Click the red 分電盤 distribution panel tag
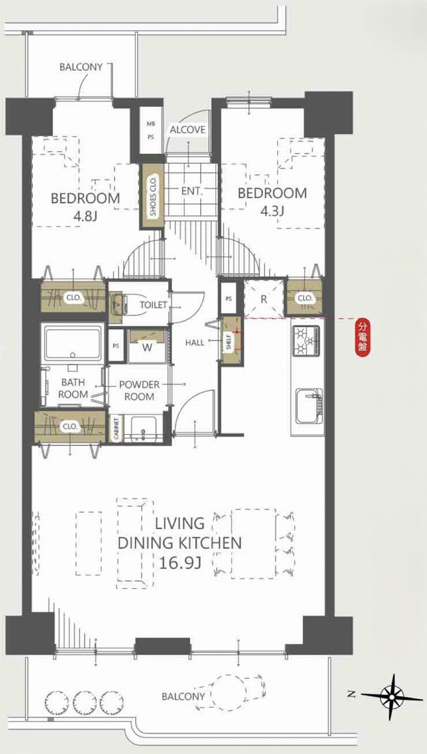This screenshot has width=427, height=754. pyautogui.click(x=362, y=338)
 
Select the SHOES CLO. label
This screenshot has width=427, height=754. pyautogui.click(x=153, y=196)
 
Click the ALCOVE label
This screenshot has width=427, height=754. pyautogui.click(x=187, y=130)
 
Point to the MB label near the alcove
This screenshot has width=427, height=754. pyautogui.click(x=151, y=124)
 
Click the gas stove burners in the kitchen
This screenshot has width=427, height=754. pyautogui.click(x=307, y=340)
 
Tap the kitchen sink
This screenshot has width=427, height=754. pyautogui.click(x=309, y=406)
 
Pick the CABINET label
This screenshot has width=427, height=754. pyautogui.click(x=116, y=428)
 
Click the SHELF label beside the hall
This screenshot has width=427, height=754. pyautogui.click(x=229, y=342)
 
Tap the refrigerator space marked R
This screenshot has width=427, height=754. pyautogui.click(x=263, y=298)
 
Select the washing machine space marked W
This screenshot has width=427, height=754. pyautogui.click(x=147, y=347)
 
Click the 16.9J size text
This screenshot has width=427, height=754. pyautogui.click(x=180, y=563)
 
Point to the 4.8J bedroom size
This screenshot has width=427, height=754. pyautogui.click(x=85, y=216)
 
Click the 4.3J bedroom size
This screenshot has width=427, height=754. pyautogui.click(x=272, y=211)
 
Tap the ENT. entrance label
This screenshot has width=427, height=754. pyautogui.click(x=192, y=191)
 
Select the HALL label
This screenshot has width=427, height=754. pyautogui.click(x=195, y=343)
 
